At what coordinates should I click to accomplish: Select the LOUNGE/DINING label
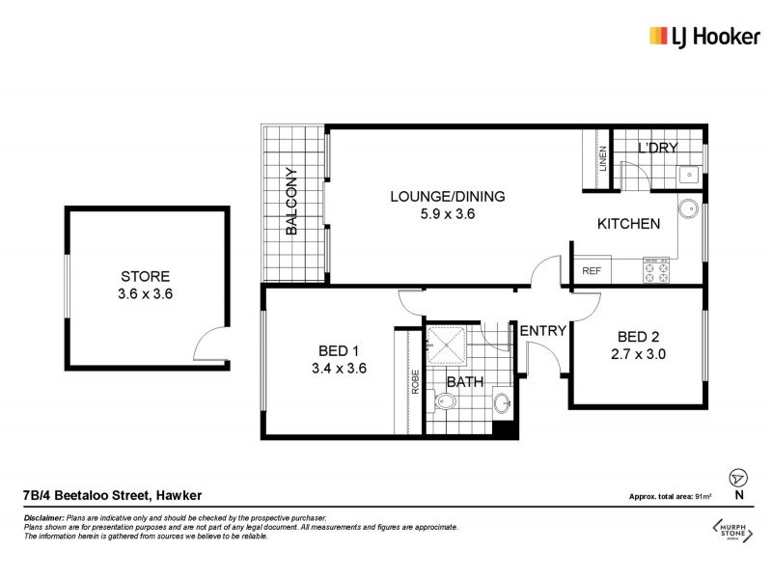pyautogui.click(x=447, y=197)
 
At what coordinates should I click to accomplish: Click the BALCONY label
pyautogui.click(x=290, y=203)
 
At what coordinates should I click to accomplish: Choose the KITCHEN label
pyautogui.click(x=628, y=224)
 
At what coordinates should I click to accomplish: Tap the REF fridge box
pyautogui.click(x=592, y=271)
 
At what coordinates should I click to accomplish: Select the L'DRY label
pyautogui.click(x=658, y=148)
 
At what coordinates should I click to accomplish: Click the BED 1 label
pyautogui.click(x=339, y=350)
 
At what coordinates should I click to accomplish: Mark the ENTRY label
pyautogui.click(x=542, y=330)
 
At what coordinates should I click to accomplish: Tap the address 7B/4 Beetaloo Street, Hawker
pyautogui.click(x=112, y=496)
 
